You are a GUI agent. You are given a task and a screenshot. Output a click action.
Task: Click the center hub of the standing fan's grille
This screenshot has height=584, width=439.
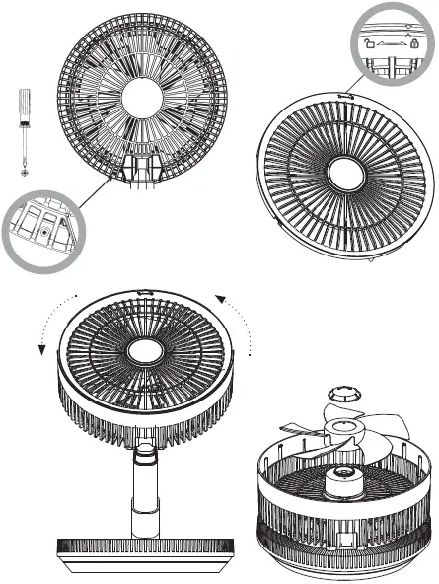tap(145, 351)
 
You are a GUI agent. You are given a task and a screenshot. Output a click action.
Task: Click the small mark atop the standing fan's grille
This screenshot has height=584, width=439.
tap(145, 292)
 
